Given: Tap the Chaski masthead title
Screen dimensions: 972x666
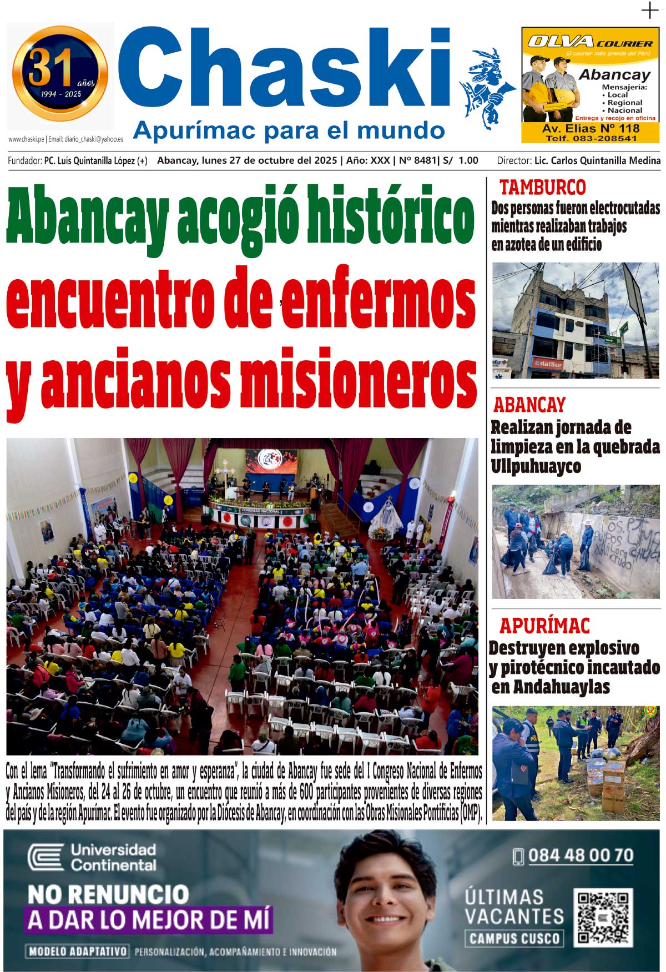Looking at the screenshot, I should click(283, 69).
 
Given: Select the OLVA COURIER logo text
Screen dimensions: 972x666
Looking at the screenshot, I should click(590, 42).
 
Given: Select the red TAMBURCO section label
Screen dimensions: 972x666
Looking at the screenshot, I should click(542, 187).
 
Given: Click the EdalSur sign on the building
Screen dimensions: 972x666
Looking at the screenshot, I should click(548, 364).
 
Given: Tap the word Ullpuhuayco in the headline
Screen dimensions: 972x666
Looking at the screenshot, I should click(536, 466).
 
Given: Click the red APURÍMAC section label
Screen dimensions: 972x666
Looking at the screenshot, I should click(544, 626).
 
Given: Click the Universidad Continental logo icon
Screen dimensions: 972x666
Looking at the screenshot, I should click(46, 858).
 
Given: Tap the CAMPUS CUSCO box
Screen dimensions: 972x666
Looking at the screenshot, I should click(514, 938).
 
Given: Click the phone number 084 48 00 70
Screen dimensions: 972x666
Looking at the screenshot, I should click(580, 855).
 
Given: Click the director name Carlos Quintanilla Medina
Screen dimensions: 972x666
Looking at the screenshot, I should click(597, 160).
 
